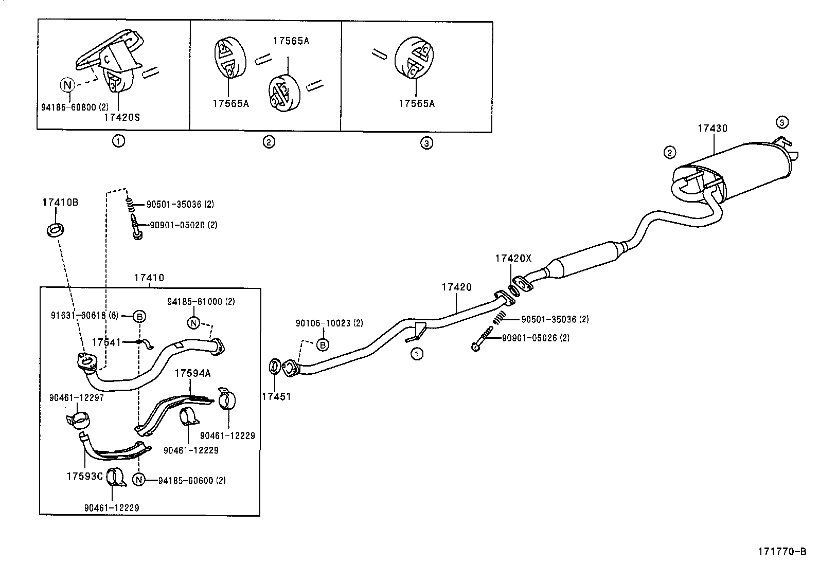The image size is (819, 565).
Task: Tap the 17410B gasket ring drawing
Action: pos(55,230)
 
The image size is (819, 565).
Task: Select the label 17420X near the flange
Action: pos(512,259)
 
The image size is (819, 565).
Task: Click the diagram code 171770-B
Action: pos(781,552)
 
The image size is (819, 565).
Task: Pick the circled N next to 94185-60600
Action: pos(138,480)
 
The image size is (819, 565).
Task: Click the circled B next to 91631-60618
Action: pos(139,316)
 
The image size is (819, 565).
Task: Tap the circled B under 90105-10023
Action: pos(322,344)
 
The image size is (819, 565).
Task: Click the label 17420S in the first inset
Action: pos(121,117)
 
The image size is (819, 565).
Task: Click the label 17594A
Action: pos(192,373)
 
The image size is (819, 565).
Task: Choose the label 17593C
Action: pos(84,476)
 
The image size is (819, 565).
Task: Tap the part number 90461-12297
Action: pos(77,397)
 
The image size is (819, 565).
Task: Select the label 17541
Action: pos(106,341)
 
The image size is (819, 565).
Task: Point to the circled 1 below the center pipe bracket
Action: pos(417,353)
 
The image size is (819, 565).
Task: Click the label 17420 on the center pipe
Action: pos(456,287)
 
